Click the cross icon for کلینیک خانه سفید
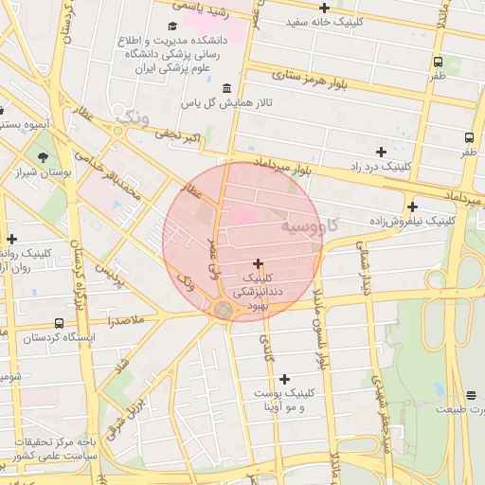point(324,8)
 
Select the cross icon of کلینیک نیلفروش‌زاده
point(412,207)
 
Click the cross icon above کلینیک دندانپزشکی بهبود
point(259,262)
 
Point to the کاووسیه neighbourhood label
point(309,228)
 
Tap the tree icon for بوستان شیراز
point(43,157)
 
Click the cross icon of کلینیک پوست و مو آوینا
point(283,379)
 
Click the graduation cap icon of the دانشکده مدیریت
point(171,26)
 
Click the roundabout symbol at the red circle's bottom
point(224,310)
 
